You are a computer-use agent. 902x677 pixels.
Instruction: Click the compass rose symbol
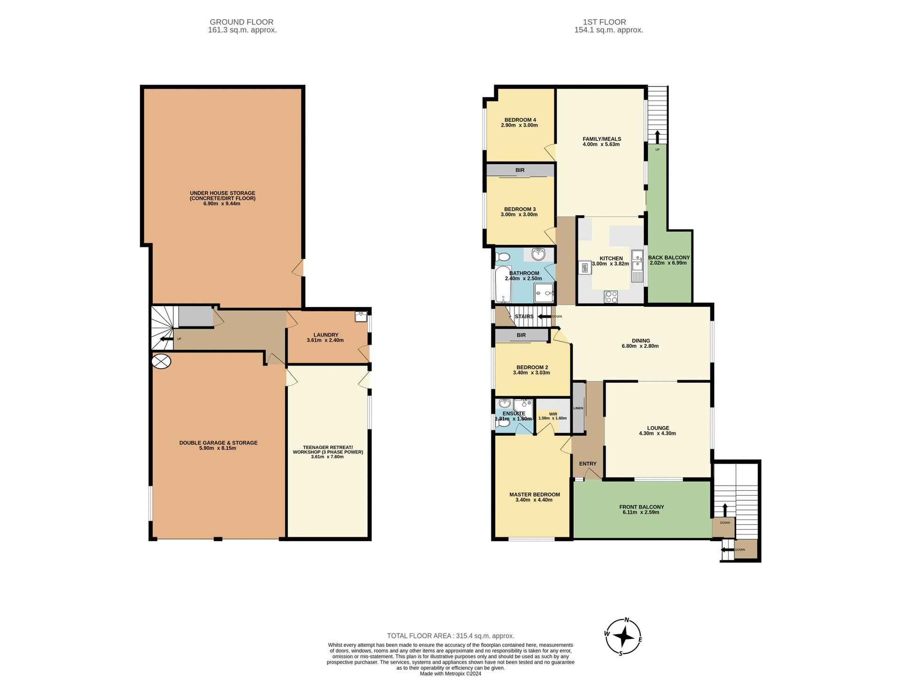pyautogui.click(x=623, y=637)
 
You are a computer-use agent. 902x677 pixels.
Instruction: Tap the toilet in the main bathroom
pyautogui.click(x=503, y=257)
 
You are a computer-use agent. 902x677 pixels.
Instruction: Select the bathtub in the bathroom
pyautogui.click(x=503, y=284)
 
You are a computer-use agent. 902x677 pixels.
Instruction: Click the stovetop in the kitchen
pyautogui.click(x=611, y=297)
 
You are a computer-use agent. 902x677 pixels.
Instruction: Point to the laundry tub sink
pyautogui.click(x=361, y=316)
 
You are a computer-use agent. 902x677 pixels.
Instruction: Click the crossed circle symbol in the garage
pyautogui.click(x=161, y=361)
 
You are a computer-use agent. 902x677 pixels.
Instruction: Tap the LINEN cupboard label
pyautogui.click(x=578, y=408)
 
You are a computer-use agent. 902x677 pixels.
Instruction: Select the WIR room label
pyautogui.click(x=553, y=414)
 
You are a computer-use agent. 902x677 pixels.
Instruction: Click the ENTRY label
pyautogui.click(x=587, y=464)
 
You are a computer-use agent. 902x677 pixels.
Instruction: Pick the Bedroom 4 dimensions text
pyautogui.click(x=519, y=126)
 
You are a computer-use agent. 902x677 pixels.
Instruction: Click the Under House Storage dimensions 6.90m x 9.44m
pyautogui.click(x=222, y=204)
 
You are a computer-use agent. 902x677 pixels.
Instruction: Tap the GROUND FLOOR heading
pyautogui.click(x=241, y=22)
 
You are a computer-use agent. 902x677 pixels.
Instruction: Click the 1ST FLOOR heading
pyautogui.click(x=604, y=22)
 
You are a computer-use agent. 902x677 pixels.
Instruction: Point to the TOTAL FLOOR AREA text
pyautogui.click(x=450, y=636)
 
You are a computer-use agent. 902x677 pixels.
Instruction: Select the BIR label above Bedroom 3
pyautogui.click(x=520, y=170)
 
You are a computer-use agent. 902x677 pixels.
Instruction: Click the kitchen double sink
pyautogui.click(x=637, y=266)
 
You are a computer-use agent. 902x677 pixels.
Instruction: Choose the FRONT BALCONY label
pyautogui.click(x=641, y=507)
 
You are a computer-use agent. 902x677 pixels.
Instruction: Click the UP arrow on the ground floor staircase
pyautogui.click(x=166, y=338)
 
